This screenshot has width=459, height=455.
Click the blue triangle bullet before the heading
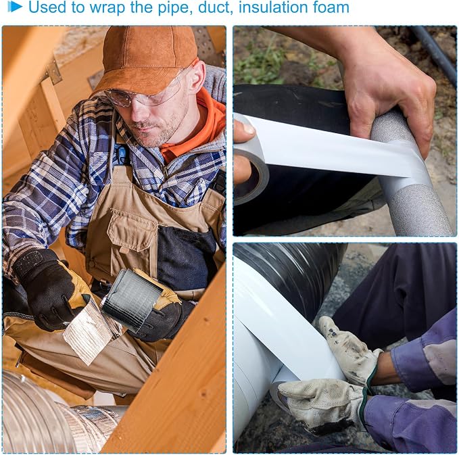[15, 7]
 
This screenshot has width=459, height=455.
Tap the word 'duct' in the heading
[216, 7]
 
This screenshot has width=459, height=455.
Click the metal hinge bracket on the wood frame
[54, 72]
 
